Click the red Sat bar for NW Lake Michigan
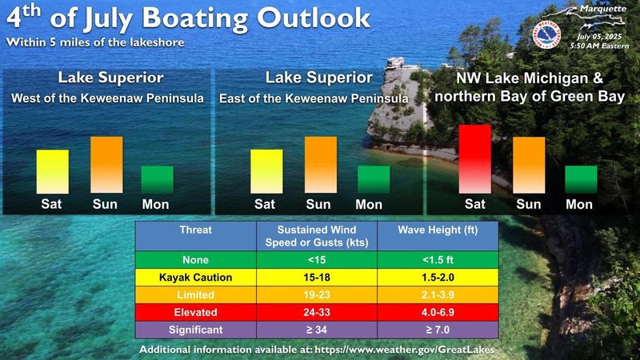[474, 159]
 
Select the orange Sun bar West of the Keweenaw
[106, 165]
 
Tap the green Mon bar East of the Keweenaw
[374, 179]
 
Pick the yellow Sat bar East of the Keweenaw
[266, 171]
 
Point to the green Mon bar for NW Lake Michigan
[581, 179]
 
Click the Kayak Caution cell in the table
[195, 278]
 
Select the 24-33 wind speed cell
[317, 313]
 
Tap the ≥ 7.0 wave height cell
[438, 330]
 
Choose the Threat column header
[195, 236]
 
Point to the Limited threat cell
[195, 295]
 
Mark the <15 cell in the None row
[317, 260]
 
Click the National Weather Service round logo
[546, 34]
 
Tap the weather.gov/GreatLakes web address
[405, 350]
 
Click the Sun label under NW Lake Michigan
[528, 204]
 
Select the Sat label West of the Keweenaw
[51, 204]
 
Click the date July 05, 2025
[599, 37]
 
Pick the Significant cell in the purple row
[195, 330]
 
